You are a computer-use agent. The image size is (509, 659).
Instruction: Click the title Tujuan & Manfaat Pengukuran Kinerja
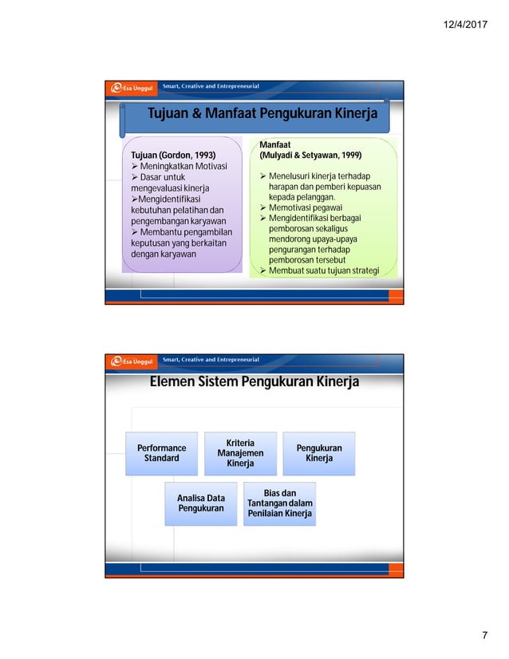pos(262,114)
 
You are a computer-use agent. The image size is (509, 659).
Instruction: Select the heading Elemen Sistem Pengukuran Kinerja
pos(254,382)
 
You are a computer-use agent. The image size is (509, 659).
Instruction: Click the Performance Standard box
pos(161,453)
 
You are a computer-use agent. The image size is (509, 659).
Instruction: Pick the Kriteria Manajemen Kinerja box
pos(240,453)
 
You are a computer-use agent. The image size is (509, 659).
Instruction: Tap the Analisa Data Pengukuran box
pos(200,503)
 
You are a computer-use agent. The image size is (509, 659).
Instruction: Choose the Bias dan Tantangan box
pos(279,503)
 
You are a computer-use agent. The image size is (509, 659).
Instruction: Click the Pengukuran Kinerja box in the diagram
pos(319,453)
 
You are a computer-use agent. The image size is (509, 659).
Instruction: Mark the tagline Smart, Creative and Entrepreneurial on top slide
pos(211,86)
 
